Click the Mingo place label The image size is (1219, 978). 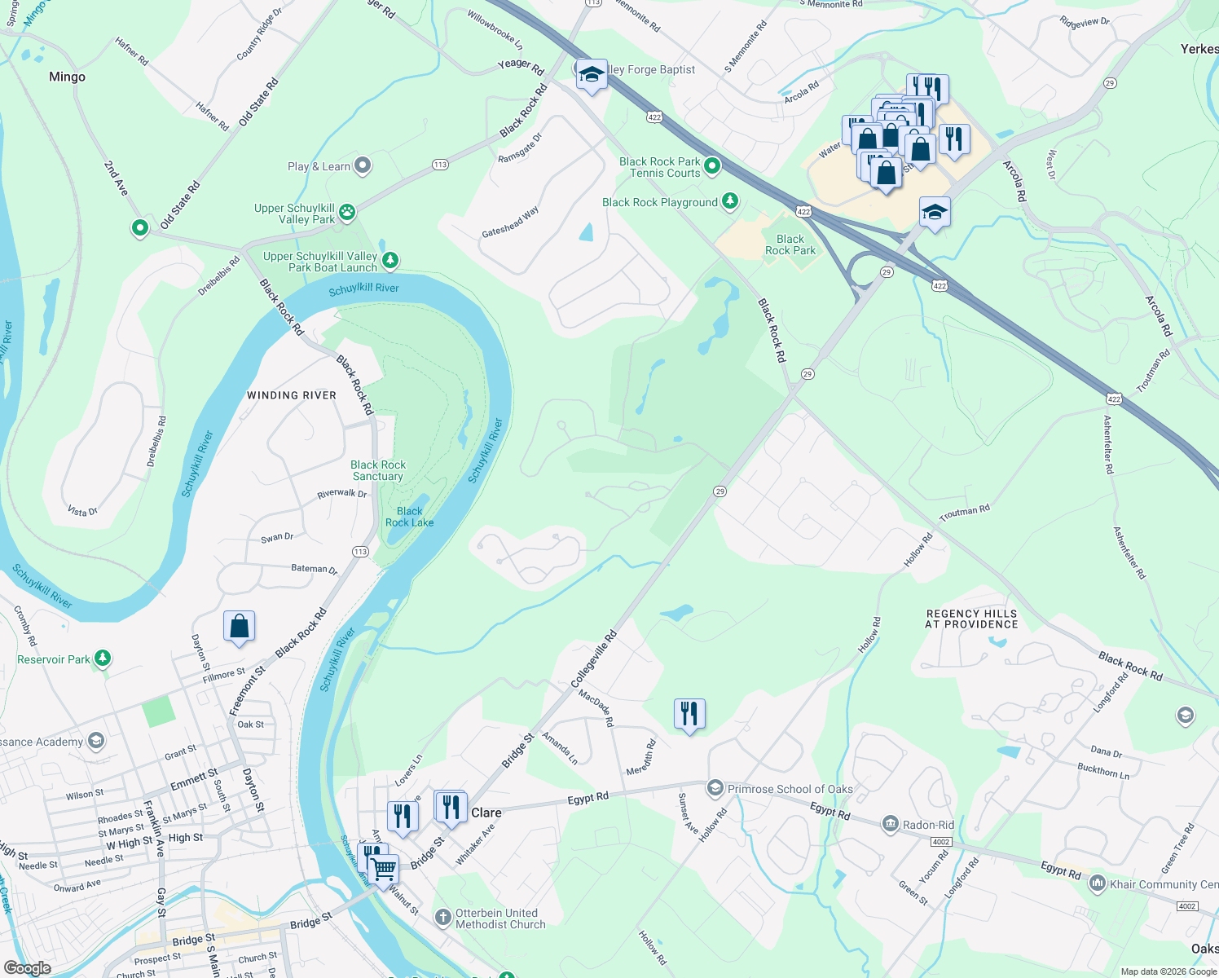click(x=67, y=77)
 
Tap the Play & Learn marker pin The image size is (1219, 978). click(x=363, y=166)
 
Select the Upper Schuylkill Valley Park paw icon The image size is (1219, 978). click(x=347, y=213)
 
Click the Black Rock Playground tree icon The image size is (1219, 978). click(x=730, y=201)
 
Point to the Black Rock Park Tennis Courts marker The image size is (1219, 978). click(x=712, y=166)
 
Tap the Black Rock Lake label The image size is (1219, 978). click(x=409, y=517)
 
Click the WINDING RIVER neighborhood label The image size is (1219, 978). click(x=292, y=395)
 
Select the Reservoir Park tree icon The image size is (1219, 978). click(x=102, y=659)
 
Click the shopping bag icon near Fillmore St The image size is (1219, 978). click(x=240, y=627)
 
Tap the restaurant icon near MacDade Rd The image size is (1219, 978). click(x=689, y=714)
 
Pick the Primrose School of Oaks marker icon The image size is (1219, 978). click(x=715, y=788)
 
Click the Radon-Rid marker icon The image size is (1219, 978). click(x=890, y=824)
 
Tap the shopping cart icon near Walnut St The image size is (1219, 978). click(x=383, y=868)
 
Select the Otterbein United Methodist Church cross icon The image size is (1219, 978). click(x=442, y=919)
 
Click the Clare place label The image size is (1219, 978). click(x=486, y=813)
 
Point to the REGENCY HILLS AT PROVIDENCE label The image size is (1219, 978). click(x=971, y=619)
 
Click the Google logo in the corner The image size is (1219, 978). click(x=27, y=968)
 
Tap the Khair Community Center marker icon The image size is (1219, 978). click(x=1097, y=883)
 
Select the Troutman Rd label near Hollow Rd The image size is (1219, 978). click(x=964, y=513)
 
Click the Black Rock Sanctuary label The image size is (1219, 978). click(x=378, y=470)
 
